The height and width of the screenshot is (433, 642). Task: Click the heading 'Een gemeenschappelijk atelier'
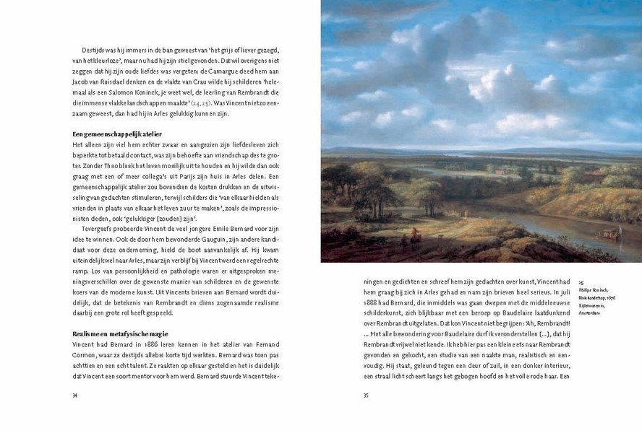coord(116,134)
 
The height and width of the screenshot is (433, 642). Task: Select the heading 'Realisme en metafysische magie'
coord(121,333)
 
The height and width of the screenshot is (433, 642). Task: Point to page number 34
coord(75,395)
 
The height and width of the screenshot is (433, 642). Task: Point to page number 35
coord(366,395)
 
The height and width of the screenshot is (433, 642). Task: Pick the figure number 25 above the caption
coord(581,282)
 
